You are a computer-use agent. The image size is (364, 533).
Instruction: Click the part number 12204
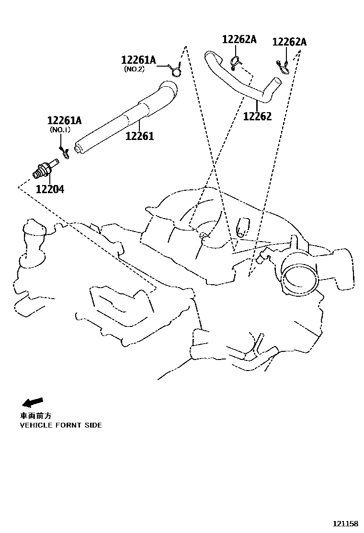(x=49, y=189)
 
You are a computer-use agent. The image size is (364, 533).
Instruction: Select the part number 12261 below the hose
(x=139, y=136)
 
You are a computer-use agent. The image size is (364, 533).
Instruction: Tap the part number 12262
(x=257, y=116)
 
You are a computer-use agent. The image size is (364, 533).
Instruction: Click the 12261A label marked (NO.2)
(x=138, y=60)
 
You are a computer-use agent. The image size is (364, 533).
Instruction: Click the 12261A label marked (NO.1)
(x=64, y=120)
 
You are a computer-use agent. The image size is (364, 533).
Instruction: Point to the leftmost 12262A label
(x=239, y=40)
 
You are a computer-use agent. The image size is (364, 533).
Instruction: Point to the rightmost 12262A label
(x=289, y=42)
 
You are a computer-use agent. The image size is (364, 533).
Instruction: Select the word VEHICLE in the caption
(x=36, y=425)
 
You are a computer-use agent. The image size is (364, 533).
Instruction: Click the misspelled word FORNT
(x=70, y=425)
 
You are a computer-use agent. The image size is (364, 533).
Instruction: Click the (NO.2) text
(x=134, y=70)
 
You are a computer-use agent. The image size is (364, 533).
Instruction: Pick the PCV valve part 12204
(x=45, y=168)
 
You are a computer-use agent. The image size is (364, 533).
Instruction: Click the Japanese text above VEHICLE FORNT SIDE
(x=35, y=416)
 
